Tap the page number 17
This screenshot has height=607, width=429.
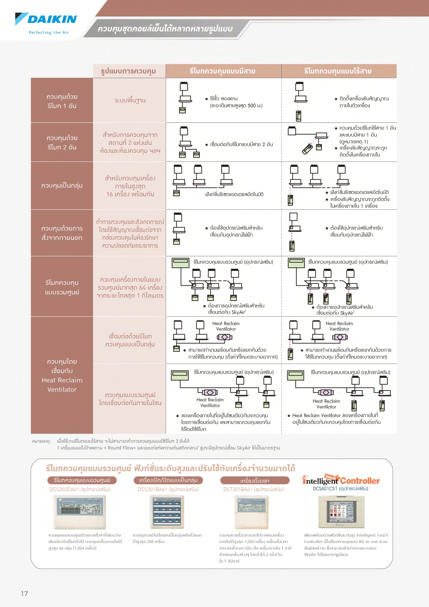click(24, 594)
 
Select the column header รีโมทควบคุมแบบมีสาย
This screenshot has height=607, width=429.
click(222, 71)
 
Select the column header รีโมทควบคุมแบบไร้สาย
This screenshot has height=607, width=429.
click(338, 71)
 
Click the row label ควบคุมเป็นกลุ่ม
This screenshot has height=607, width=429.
click(62, 185)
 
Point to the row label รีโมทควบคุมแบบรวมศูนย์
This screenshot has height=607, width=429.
click(62, 287)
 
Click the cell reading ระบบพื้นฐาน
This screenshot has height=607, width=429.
click(130, 100)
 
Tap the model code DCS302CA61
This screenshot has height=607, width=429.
click(64, 489)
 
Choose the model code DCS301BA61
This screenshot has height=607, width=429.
click(152, 489)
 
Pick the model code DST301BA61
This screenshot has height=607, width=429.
click(239, 489)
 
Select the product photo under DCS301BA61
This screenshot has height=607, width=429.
click(167, 512)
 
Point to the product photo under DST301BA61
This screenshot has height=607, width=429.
click(252, 512)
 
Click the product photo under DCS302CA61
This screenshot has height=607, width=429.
click(80, 512)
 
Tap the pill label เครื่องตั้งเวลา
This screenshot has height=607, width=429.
click(255, 480)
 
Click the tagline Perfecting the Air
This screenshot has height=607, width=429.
click(49, 33)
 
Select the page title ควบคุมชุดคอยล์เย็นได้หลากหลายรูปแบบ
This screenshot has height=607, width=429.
click(165, 28)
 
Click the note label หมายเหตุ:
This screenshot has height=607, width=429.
click(41, 441)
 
